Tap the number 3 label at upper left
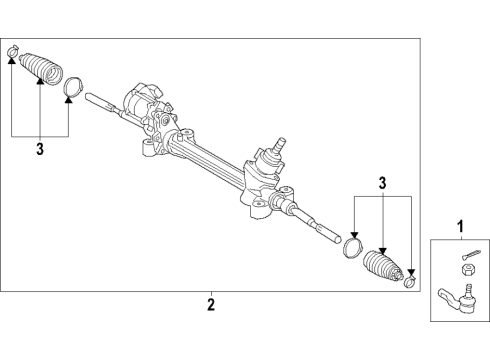point(40,151)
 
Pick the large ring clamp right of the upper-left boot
point(71,89)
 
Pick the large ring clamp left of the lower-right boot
point(352,246)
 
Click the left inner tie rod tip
point(93,98)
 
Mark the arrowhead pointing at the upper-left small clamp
point(13,61)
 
